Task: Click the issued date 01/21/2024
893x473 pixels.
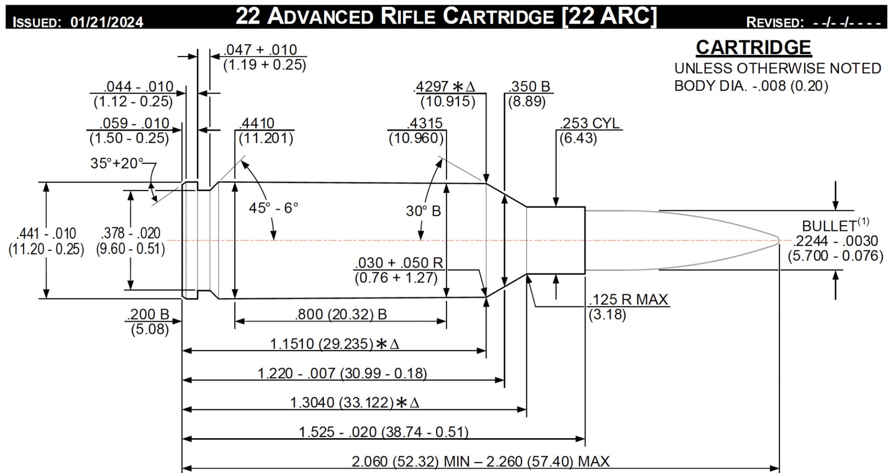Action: [x=107, y=22]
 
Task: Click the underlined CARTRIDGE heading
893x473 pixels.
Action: [x=753, y=47]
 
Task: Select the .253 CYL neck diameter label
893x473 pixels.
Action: [x=590, y=123]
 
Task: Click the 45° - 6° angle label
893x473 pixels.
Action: [x=273, y=208]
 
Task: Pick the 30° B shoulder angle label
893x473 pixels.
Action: [x=423, y=211]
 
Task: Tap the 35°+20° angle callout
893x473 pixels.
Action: [x=117, y=163]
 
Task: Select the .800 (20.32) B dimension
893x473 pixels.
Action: [x=340, y=315]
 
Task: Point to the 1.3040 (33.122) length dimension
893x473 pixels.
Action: [x=342, y=402]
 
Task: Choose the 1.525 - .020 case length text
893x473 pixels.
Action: [x=383, y=432]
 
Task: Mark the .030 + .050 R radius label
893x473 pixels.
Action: [x=399, y=263]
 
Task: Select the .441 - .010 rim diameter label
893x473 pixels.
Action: [x=46, y=233]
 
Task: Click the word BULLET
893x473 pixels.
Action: [x=829, y=226]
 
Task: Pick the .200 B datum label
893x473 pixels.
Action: [x=148, y=315]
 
